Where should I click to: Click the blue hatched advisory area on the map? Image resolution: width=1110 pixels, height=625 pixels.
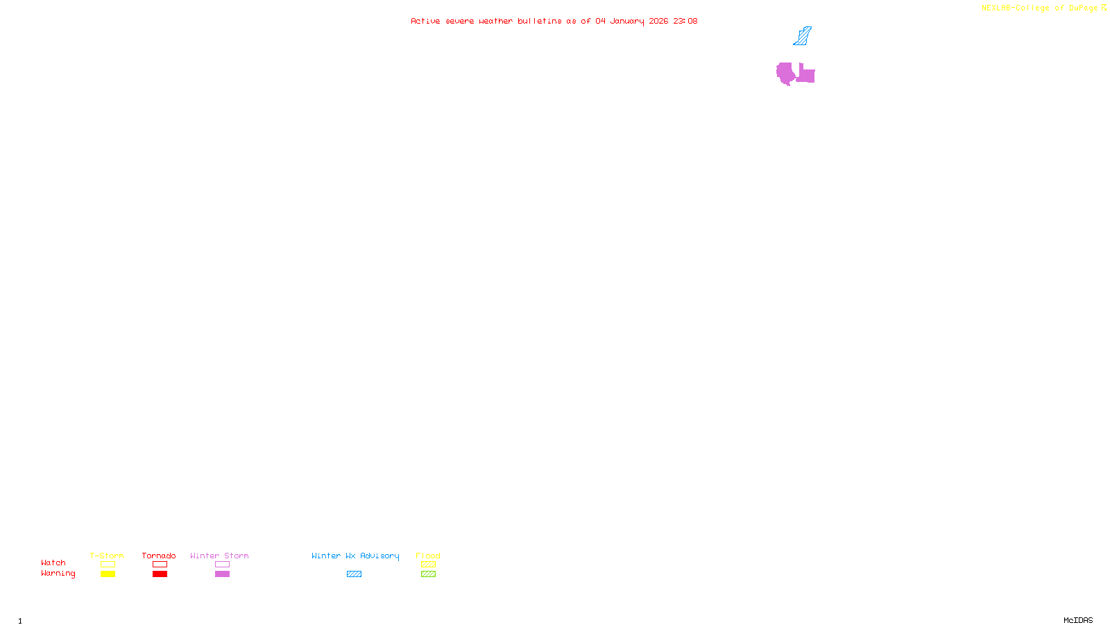pos(802,37)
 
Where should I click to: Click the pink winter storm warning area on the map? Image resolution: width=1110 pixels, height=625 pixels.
pos(785,72)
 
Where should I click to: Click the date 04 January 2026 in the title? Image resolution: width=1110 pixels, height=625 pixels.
pos(631,21)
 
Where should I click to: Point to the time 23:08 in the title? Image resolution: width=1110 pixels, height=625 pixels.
pos(685,21)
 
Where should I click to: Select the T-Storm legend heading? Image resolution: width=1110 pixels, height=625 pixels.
pos(107,556)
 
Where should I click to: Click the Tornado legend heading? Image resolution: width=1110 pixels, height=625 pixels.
pos(159,556)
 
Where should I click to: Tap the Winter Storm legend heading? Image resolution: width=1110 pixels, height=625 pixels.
pos(219,556)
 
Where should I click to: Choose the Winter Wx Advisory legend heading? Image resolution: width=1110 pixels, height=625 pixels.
pos(355,556)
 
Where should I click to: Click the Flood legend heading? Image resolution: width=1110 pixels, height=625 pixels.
pos(428,556)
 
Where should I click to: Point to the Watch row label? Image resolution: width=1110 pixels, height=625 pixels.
pos(53,562)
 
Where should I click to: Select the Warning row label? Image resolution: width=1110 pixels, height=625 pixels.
pos(58,574)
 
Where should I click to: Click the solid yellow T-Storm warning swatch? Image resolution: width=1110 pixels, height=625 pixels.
pos(108,574)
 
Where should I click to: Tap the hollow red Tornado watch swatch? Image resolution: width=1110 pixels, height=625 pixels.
pos(160,565)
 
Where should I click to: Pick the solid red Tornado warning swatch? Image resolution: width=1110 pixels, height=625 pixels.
pos(160,574)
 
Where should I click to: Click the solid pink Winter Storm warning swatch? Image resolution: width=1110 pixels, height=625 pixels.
pos(222,574)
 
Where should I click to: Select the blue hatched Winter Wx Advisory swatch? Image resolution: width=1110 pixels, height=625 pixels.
pos(354,574)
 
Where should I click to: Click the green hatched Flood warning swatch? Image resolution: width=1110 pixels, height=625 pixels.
pos(428,574)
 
